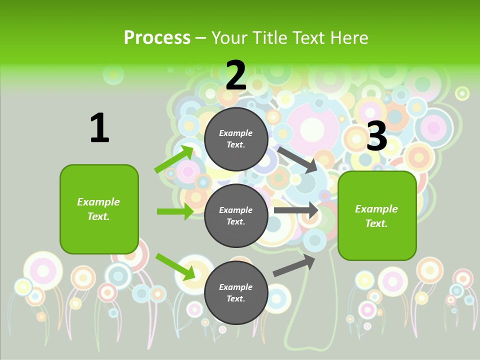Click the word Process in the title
pyautogui.click(x=157, y=38)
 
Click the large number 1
pyautogui.click(x=99, y=128)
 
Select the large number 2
pyautogui.click(x=236, y=75)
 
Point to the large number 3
pyautogui.click(x=377, y=136)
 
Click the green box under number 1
pyautogui.click(x=99, y=209)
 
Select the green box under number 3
pyautogui.click(x=377, y=215)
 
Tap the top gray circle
pyautogui.click(x=236, y=139)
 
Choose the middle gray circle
pyautogui.click(x=236, y=215)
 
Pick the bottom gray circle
pyautogui.click(x=236, y=292)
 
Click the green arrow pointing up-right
pyautogui.click(x=174, y=159)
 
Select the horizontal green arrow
pyautogui.click(x=175, y=211)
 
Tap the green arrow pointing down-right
pyautogui.click(x=175, y=266)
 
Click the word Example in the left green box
pyautogui.click(x=98, y=202)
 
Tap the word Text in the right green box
pyautogui.click(x=376, y=223)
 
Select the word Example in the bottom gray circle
pyautogui.click(x=236, y=287)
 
